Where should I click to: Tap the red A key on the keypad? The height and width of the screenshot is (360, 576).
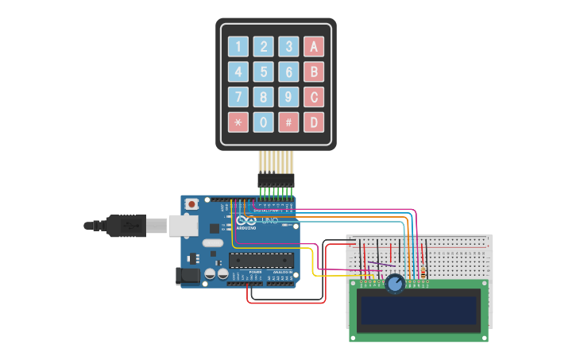pyautogui.click(x=314, y=47)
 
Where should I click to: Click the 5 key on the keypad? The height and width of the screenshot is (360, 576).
pyautogui.click(x=264, y=72)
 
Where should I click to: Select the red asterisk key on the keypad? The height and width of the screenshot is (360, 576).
pyautogui.click(x=238, y=122)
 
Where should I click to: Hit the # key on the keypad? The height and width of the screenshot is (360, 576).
pyautogui.click(x=289, y=122)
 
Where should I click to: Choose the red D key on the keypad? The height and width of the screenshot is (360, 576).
pyautogui.click(x=314, y=122)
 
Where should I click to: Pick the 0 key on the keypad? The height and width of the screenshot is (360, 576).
pyautogui.click(x=264, y=122)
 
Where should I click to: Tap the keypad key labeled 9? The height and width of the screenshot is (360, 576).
pyautogui.click(x=289, y=97)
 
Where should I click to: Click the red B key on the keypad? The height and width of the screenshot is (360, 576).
pyautogui.click(x=314, y=72)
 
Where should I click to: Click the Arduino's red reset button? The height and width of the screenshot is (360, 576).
pyautogui.click(x=191, y=204)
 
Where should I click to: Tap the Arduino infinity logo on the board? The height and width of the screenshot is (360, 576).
pyautogui.click(x=246, y=221)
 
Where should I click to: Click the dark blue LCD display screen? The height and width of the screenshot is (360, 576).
pyautogui.click(x=419, y=311)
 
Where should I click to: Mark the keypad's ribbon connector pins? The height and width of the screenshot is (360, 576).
pyautogui.click(x=276, y=179)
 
